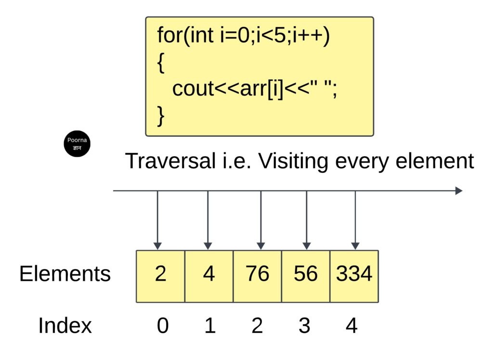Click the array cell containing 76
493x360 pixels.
pos(257,276)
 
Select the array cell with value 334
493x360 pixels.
pos(354,276)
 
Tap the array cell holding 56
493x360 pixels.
pos(306,276)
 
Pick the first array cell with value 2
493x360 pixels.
pos(160,276)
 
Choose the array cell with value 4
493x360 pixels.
pos(209,276)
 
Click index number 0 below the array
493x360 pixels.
pos(163,325)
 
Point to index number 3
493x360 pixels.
pos(304,325)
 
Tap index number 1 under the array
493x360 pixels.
pos(210,325)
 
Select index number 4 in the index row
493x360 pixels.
pos(351,325)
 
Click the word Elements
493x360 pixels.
pos(65,273)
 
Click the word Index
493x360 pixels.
pos(65,325)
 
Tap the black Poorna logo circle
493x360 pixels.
pos(77,144)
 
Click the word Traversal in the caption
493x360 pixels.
pos(170,161)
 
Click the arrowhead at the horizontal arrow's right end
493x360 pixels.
pos(459,191)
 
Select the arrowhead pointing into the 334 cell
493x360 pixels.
pos(355,246)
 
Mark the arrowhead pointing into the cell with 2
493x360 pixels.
pos(157,246)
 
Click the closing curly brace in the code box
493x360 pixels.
pos(161,116)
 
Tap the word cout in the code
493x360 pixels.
pos(193,88)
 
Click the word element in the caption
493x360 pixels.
pos(435,161)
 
